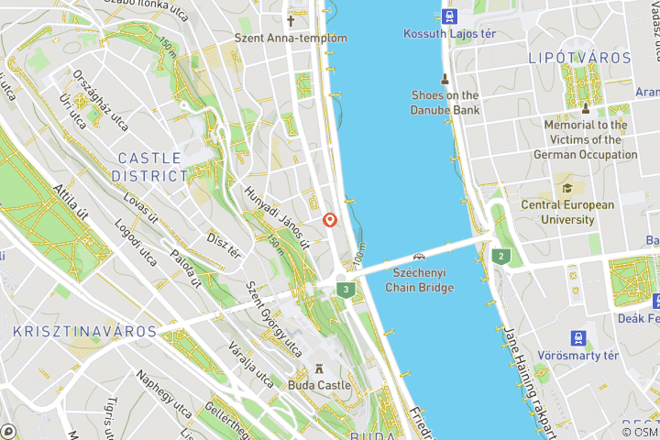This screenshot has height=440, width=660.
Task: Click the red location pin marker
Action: pyautogui.click(x=330, y=220)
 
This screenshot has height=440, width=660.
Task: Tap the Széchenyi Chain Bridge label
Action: pyautogui.click(x=423, y=280)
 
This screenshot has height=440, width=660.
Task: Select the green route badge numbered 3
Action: pyautogui.click(x=345, y=290)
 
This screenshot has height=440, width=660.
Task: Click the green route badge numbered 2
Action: pyautogui.click(x=500, y=256)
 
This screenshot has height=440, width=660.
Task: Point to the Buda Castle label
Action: pyautogui.click(x=319, y=386)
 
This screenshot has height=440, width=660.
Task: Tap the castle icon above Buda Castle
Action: pyautogui.click(x=319, y=368)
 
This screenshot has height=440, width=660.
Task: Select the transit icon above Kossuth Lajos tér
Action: pyautogui.click(x=448, y=16)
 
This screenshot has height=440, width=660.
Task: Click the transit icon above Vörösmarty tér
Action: pyautogui.click(x=579, y=337)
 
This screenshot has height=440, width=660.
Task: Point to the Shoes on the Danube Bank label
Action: pyautogui.click(x=445, y=103)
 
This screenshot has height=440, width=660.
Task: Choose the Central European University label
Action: pyautogui.click(x=568, y=213)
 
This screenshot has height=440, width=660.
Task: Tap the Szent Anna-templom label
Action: pyautogui.click(x=291, y=38)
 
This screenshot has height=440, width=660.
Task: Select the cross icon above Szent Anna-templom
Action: pyautogui.click(x=291, y=20)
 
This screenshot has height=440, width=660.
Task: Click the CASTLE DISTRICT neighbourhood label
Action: pyautogui.click(x=149, y=166)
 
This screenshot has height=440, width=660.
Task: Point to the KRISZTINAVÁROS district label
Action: pyautogui.click(x=84, y=331)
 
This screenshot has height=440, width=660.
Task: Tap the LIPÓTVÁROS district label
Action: pyautogui.click(x=580, y=58)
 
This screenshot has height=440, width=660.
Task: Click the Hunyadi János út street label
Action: pyautogui.click(x=278, y=217)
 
